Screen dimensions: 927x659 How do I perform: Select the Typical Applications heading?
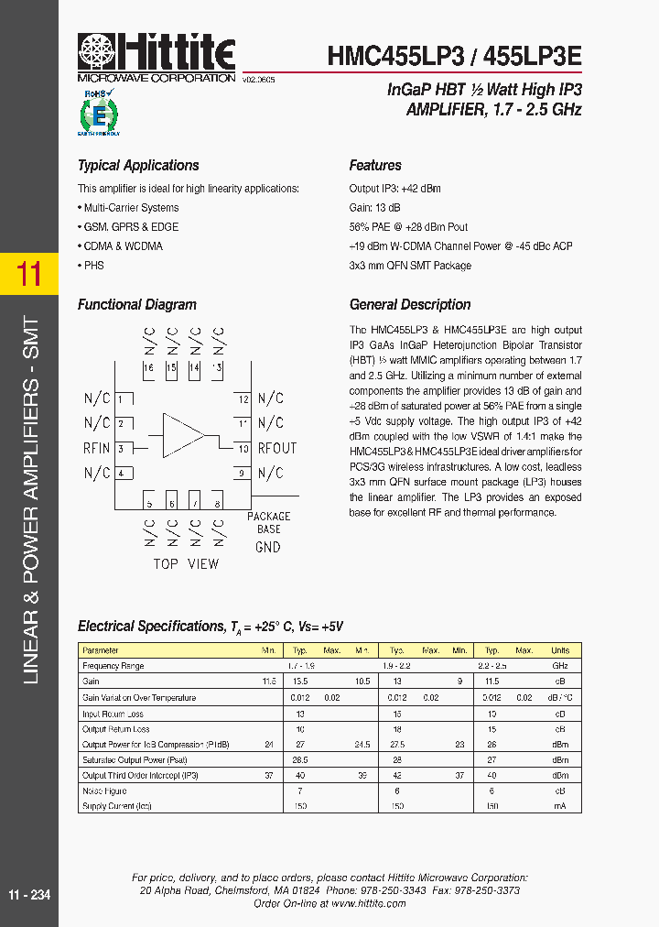click(138, 166)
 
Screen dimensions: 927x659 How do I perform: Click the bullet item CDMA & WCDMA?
click(122, 246)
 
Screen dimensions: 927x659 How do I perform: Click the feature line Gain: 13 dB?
click(374, 208)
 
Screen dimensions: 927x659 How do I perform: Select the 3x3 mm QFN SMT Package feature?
click(410, 266)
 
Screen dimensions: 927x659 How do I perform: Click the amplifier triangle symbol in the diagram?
click(182, 435)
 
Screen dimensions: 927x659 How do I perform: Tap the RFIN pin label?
click(97, 448)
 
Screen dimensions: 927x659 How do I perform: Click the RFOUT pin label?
click(277, 448)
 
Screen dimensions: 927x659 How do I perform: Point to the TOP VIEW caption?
click(186, 564)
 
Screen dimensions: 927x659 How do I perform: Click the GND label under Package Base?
click(268, 547)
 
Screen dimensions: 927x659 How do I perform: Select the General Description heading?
click(410, 305)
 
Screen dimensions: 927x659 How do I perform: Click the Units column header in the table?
click(560, 650)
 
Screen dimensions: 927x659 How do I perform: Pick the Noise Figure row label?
click(104, 791)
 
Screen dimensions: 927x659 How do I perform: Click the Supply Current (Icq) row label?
click(116, 806)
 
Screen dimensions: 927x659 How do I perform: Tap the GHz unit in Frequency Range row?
click(560, 666)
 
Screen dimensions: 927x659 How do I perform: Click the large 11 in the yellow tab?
click(29, 274)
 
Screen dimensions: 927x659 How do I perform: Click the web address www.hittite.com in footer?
click(368, 903)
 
